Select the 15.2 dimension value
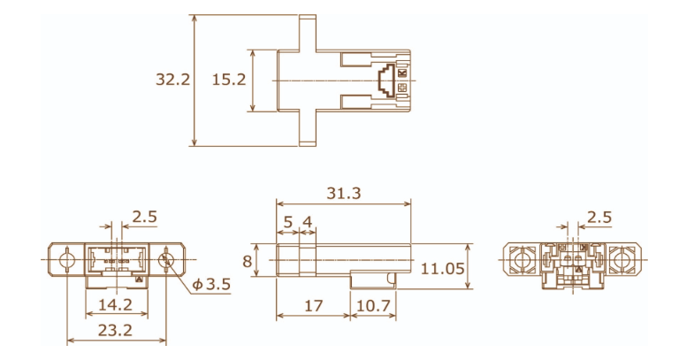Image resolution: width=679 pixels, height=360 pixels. pos(228,80)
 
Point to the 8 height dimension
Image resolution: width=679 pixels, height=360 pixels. pos(248,261)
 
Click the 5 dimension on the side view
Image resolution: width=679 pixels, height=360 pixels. pos(287,221)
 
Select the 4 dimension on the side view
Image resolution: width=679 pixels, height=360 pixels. pos(307,221)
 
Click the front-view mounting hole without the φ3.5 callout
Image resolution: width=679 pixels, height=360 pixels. pos(66,261)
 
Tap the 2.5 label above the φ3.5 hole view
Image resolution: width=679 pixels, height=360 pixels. pos(144,217)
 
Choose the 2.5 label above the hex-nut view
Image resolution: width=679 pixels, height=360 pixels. pos(599,217)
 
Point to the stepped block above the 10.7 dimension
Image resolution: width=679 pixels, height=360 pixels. pos(371,279)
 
